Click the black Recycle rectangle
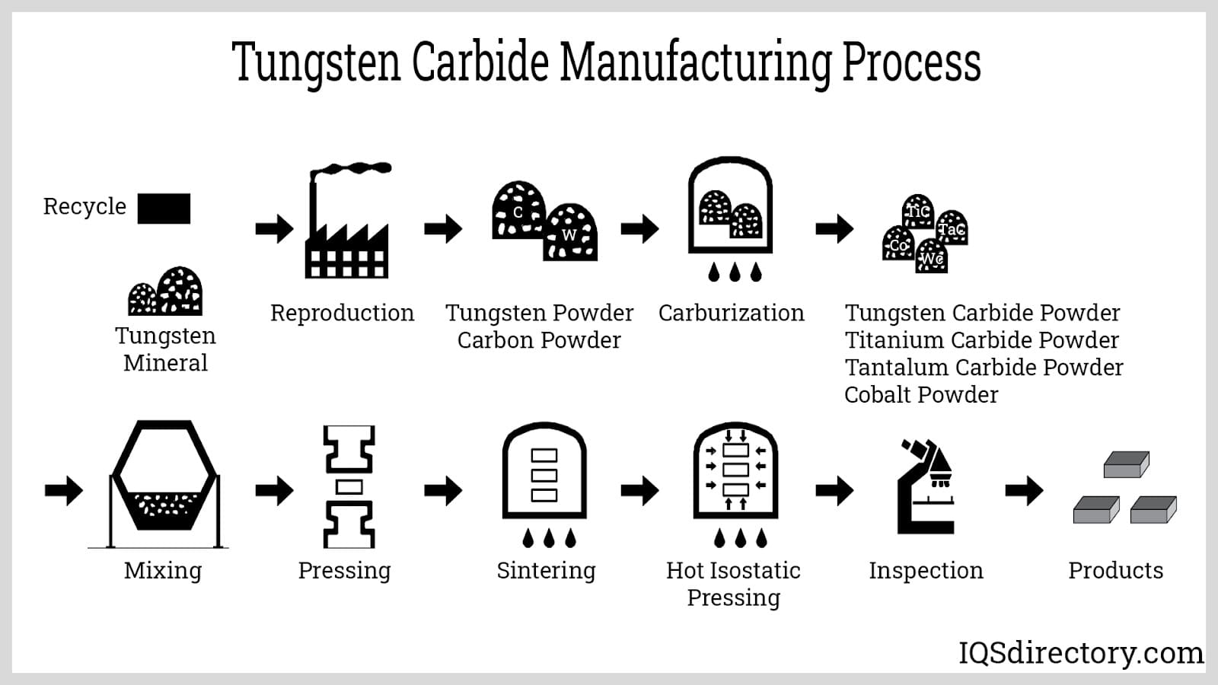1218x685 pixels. coord(164,209)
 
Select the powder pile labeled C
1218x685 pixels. coord(518,211)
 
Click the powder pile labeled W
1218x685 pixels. coord(570,232)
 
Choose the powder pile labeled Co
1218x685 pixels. coord(899,244)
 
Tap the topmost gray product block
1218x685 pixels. coord(1127,464)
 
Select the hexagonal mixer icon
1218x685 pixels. coord(164,484)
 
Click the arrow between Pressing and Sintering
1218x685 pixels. coord(443,491)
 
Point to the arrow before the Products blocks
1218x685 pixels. coord(1024,491)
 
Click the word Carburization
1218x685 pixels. coord(731,313)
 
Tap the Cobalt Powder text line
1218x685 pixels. coord(921,395)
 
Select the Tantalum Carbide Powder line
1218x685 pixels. coord(984,368)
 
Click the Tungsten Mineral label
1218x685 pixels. coord(165,349)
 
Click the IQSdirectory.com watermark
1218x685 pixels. coord(1081,653)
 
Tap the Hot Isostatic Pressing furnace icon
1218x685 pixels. coord(735,472)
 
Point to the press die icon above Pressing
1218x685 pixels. coord(349,487)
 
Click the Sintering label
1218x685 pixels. coord(546,571)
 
